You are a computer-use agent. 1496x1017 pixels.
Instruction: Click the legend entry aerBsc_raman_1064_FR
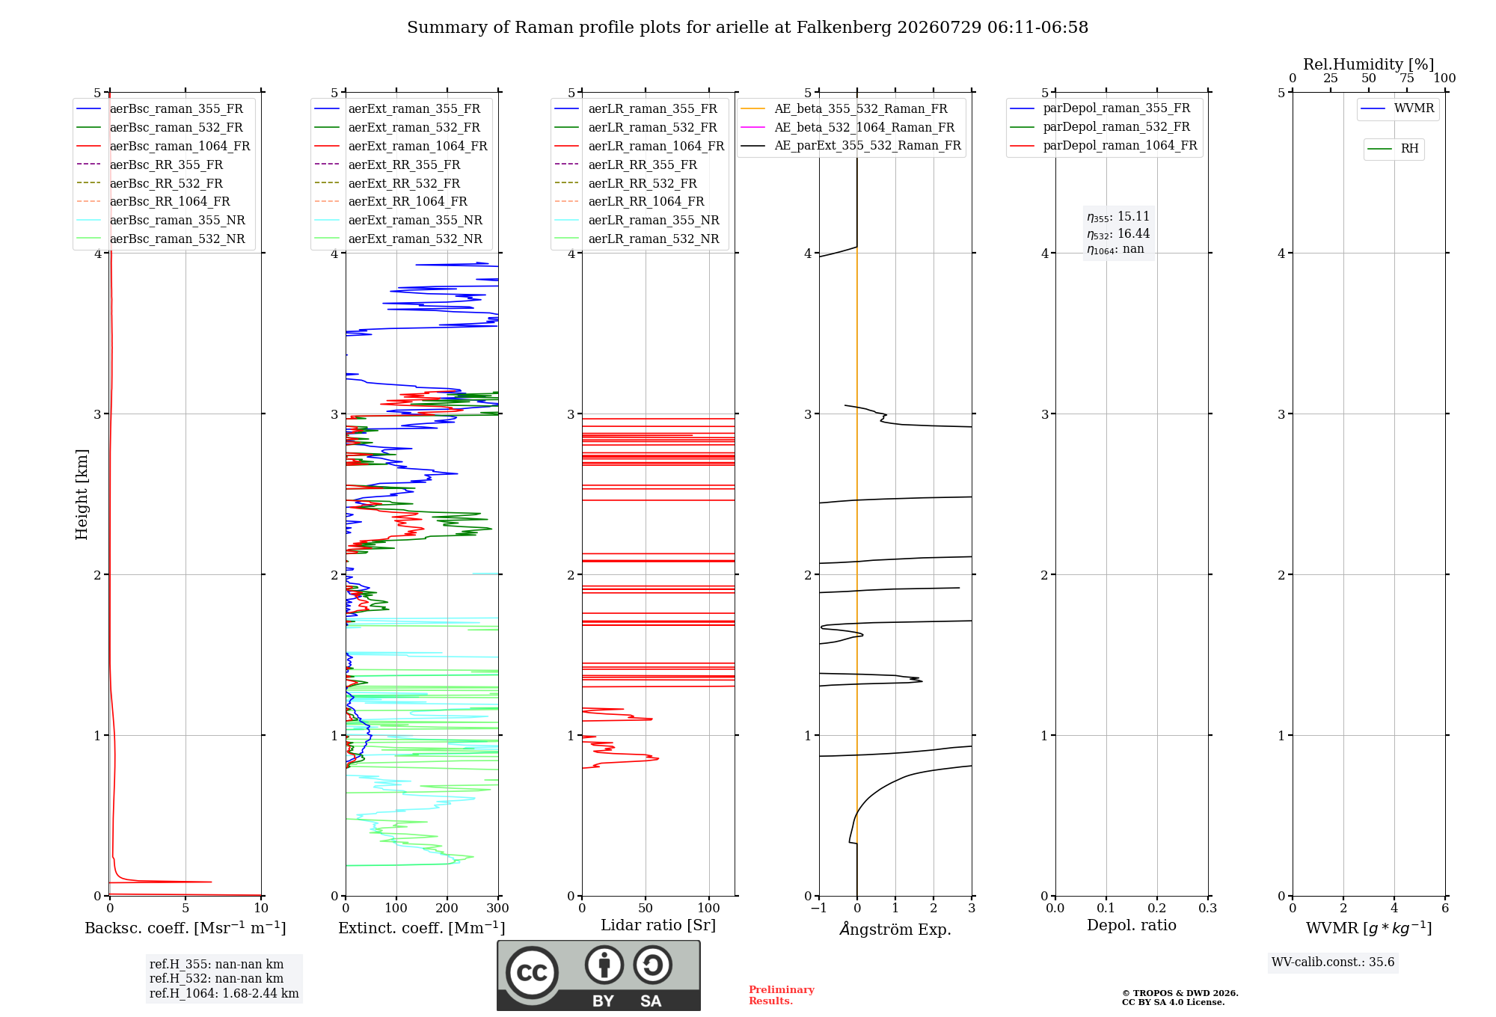[163, 146]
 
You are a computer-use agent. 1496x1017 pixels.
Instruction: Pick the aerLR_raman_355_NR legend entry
[637, 220]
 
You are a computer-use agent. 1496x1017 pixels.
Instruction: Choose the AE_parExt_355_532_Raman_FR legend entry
[851, 145]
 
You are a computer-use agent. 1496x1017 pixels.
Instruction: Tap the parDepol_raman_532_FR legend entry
[1100, 127]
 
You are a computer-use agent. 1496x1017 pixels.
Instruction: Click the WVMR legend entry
[1397, 108]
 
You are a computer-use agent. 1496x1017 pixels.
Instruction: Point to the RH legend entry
[1393, 149]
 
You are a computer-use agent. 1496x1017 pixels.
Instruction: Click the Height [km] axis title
[82, 494]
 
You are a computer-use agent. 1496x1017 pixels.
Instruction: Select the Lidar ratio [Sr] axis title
[658, 925]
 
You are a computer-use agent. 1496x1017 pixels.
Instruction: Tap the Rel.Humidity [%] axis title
[1369, 64]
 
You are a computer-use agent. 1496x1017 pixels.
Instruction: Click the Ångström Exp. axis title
[895, 929]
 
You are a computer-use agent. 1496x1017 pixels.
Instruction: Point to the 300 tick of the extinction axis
[498, 908]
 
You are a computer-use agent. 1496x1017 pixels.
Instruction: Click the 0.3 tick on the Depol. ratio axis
[1208, 908]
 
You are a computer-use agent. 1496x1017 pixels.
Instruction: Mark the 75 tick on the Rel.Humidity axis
[1407, 78]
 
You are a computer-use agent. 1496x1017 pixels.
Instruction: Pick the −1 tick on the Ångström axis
[819, 908]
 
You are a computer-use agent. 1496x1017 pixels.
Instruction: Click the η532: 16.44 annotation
[1118, 233]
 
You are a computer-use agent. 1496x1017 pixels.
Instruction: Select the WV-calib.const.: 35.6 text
[1333, 962]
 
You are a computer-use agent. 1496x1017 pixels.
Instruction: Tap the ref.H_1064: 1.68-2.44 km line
[224, 993]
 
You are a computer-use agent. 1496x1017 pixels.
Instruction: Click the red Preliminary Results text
[782, 995]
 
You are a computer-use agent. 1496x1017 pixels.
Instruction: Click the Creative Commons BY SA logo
[598, 975]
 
